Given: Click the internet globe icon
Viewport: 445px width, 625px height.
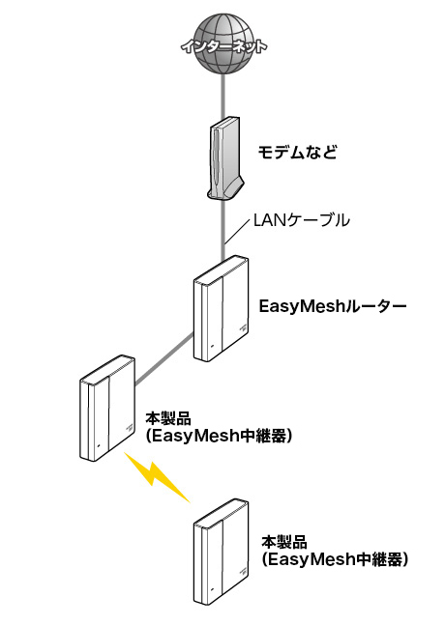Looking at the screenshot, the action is click(x=222, y=44).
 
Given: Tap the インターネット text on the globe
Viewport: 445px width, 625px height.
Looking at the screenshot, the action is click(x=223, y=47).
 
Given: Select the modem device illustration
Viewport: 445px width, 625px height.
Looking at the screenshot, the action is click(x=225, y=158).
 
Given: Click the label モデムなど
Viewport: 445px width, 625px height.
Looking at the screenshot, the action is click(x=298, y=153).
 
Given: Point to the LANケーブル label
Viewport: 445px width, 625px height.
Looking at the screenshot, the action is click(x=301, y=220).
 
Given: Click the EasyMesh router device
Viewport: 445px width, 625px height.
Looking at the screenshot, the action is click(x=221, y=308).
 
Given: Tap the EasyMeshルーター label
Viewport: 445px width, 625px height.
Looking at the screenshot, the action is click(x=333, y=306).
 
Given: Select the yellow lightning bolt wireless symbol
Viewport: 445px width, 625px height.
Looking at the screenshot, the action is click(x=157, y=476).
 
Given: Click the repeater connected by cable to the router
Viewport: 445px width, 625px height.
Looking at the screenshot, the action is click(x=107, y=407).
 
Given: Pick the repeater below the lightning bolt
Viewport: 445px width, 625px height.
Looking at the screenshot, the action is click(x=222, y=552).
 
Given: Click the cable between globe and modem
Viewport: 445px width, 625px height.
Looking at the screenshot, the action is click(x=222, y=97).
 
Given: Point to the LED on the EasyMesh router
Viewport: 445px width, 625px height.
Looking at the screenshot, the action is click(x=213, y=345).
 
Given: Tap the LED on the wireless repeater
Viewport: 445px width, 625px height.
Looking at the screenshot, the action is click(x=213, y=588).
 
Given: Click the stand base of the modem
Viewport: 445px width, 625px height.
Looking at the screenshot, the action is click(x=225, y=190).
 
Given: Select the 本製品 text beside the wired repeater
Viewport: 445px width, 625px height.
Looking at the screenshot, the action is click(x=168, y=418).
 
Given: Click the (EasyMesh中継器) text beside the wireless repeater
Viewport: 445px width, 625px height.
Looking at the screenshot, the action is click(x=336, y=559).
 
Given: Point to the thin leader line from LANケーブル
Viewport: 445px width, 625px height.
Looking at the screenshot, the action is click(x=237, y=230).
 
